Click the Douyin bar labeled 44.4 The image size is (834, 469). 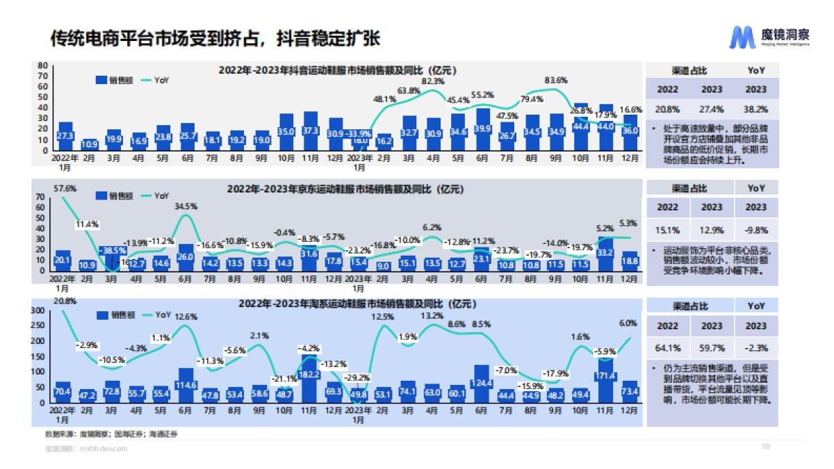(581, 128)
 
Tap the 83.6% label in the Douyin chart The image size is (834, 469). (555, 80)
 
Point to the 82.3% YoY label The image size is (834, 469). (433, 81)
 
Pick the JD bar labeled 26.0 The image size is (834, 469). (186, 257)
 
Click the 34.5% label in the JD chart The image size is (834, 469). (186, 206)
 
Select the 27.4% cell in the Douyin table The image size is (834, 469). (712, 109)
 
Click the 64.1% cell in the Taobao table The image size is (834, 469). (668, 347)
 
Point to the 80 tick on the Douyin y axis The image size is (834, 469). (42, 66)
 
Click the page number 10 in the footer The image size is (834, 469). (767, 447)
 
